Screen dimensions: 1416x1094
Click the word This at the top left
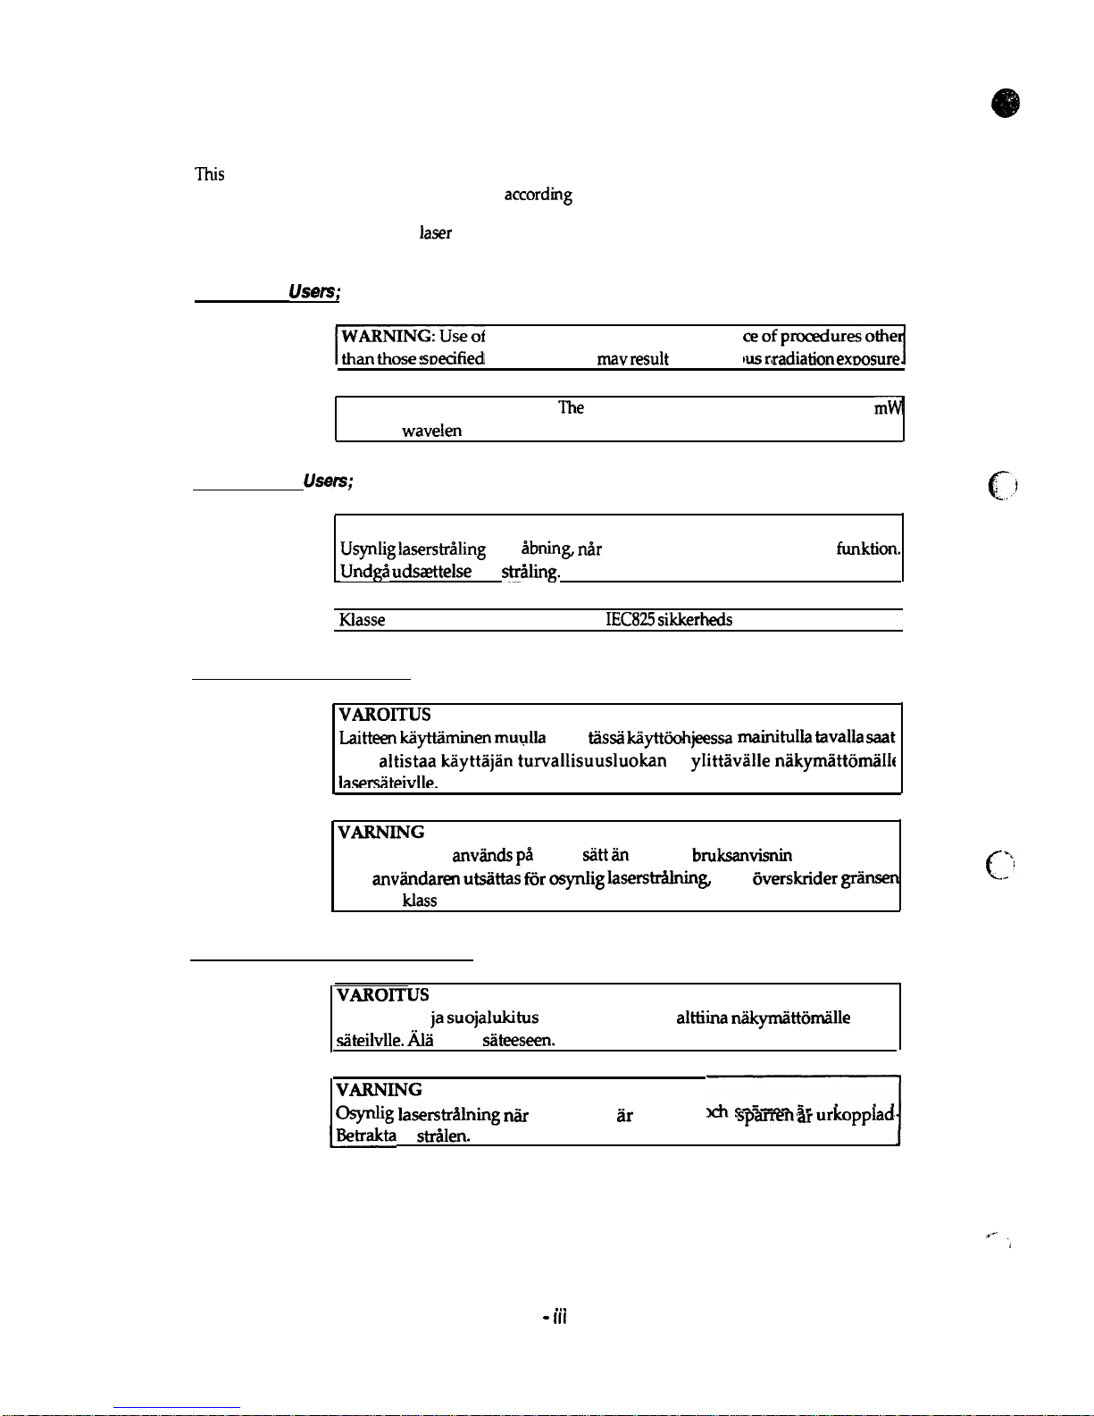coord(209,174)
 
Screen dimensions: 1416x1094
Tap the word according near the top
coord(538,195)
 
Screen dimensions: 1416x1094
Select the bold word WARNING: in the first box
coord(388,336)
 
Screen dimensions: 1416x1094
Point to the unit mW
coord(889,407)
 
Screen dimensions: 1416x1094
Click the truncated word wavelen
coord(431,431)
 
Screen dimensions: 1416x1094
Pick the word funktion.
coord(868,549)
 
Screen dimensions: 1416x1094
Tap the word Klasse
coord(362,620)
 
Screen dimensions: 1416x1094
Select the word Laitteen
coord(368,738)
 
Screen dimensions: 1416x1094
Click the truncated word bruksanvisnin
coord(741,855)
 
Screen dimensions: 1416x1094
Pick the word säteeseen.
coord(518,1040)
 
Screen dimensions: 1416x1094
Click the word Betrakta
coord(366,1135)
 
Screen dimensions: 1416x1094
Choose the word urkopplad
coord(856,1114)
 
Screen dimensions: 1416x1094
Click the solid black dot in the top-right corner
coord(1006,104)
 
